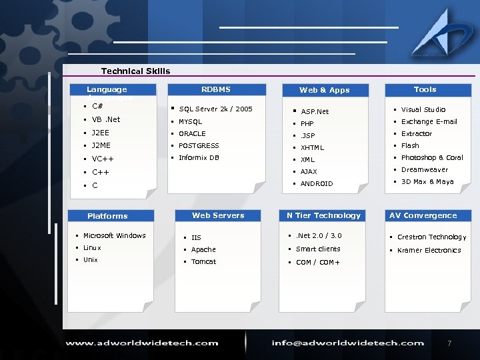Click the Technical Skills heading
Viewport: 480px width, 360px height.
(135, 71)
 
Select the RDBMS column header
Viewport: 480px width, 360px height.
(215, 89)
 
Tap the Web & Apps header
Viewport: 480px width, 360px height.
(324, 90)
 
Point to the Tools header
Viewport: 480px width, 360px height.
(425, 89)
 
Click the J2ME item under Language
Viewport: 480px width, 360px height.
(101, 145)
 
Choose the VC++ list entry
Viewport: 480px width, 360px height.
(103, 159)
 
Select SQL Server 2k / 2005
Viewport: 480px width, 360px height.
(215, 109)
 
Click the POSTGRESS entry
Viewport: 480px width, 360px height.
(199, 145)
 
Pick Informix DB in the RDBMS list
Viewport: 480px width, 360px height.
(199, 158)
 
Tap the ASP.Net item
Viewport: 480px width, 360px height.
(315, 112)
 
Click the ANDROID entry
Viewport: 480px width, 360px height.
(317, 184)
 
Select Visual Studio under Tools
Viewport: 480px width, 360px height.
(423, 110)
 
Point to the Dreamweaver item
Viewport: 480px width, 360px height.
(425, 170)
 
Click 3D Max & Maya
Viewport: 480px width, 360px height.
(427, 182)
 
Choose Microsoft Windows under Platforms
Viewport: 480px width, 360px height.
(114, 236)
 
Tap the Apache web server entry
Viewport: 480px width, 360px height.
(203, 250)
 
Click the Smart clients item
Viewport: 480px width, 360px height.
(318, 249)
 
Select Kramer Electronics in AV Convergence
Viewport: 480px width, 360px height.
(429, 251)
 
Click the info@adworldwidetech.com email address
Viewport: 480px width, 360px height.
(347, 343)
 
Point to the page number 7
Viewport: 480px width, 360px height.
(449, 343)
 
